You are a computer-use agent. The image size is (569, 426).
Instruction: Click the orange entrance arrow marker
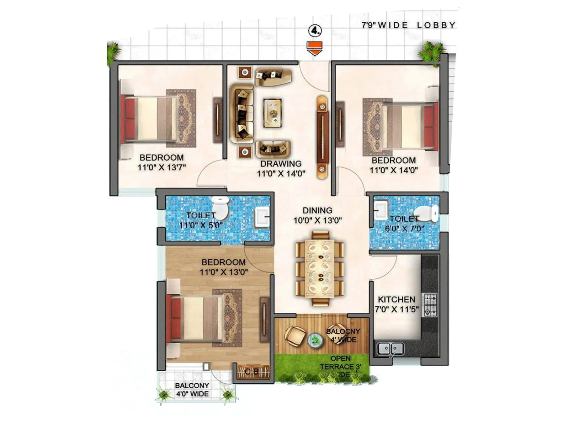point(315,48)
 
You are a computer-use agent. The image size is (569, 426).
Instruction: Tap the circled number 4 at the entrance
point(315,31)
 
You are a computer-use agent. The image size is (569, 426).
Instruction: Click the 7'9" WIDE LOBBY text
point(408,25)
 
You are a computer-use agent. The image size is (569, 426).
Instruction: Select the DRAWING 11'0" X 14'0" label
point(281,169)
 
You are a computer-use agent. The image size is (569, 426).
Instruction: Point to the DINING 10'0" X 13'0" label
point(317,215)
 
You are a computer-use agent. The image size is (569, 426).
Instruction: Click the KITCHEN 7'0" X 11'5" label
point(397,304)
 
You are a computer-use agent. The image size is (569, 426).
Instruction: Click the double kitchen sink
point(390,349)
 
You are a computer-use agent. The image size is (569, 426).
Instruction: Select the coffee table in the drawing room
point(272,113)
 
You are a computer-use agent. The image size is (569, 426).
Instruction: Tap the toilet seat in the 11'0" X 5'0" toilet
point(221,209)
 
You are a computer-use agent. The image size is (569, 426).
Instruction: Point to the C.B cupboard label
point(251,372)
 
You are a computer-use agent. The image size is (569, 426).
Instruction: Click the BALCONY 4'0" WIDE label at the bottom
point(192,389)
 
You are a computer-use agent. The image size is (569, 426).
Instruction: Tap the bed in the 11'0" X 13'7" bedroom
point(149,119)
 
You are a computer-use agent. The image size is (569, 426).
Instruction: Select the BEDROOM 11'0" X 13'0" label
point(223,267)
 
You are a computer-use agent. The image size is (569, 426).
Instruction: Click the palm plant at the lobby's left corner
point(114,52)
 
